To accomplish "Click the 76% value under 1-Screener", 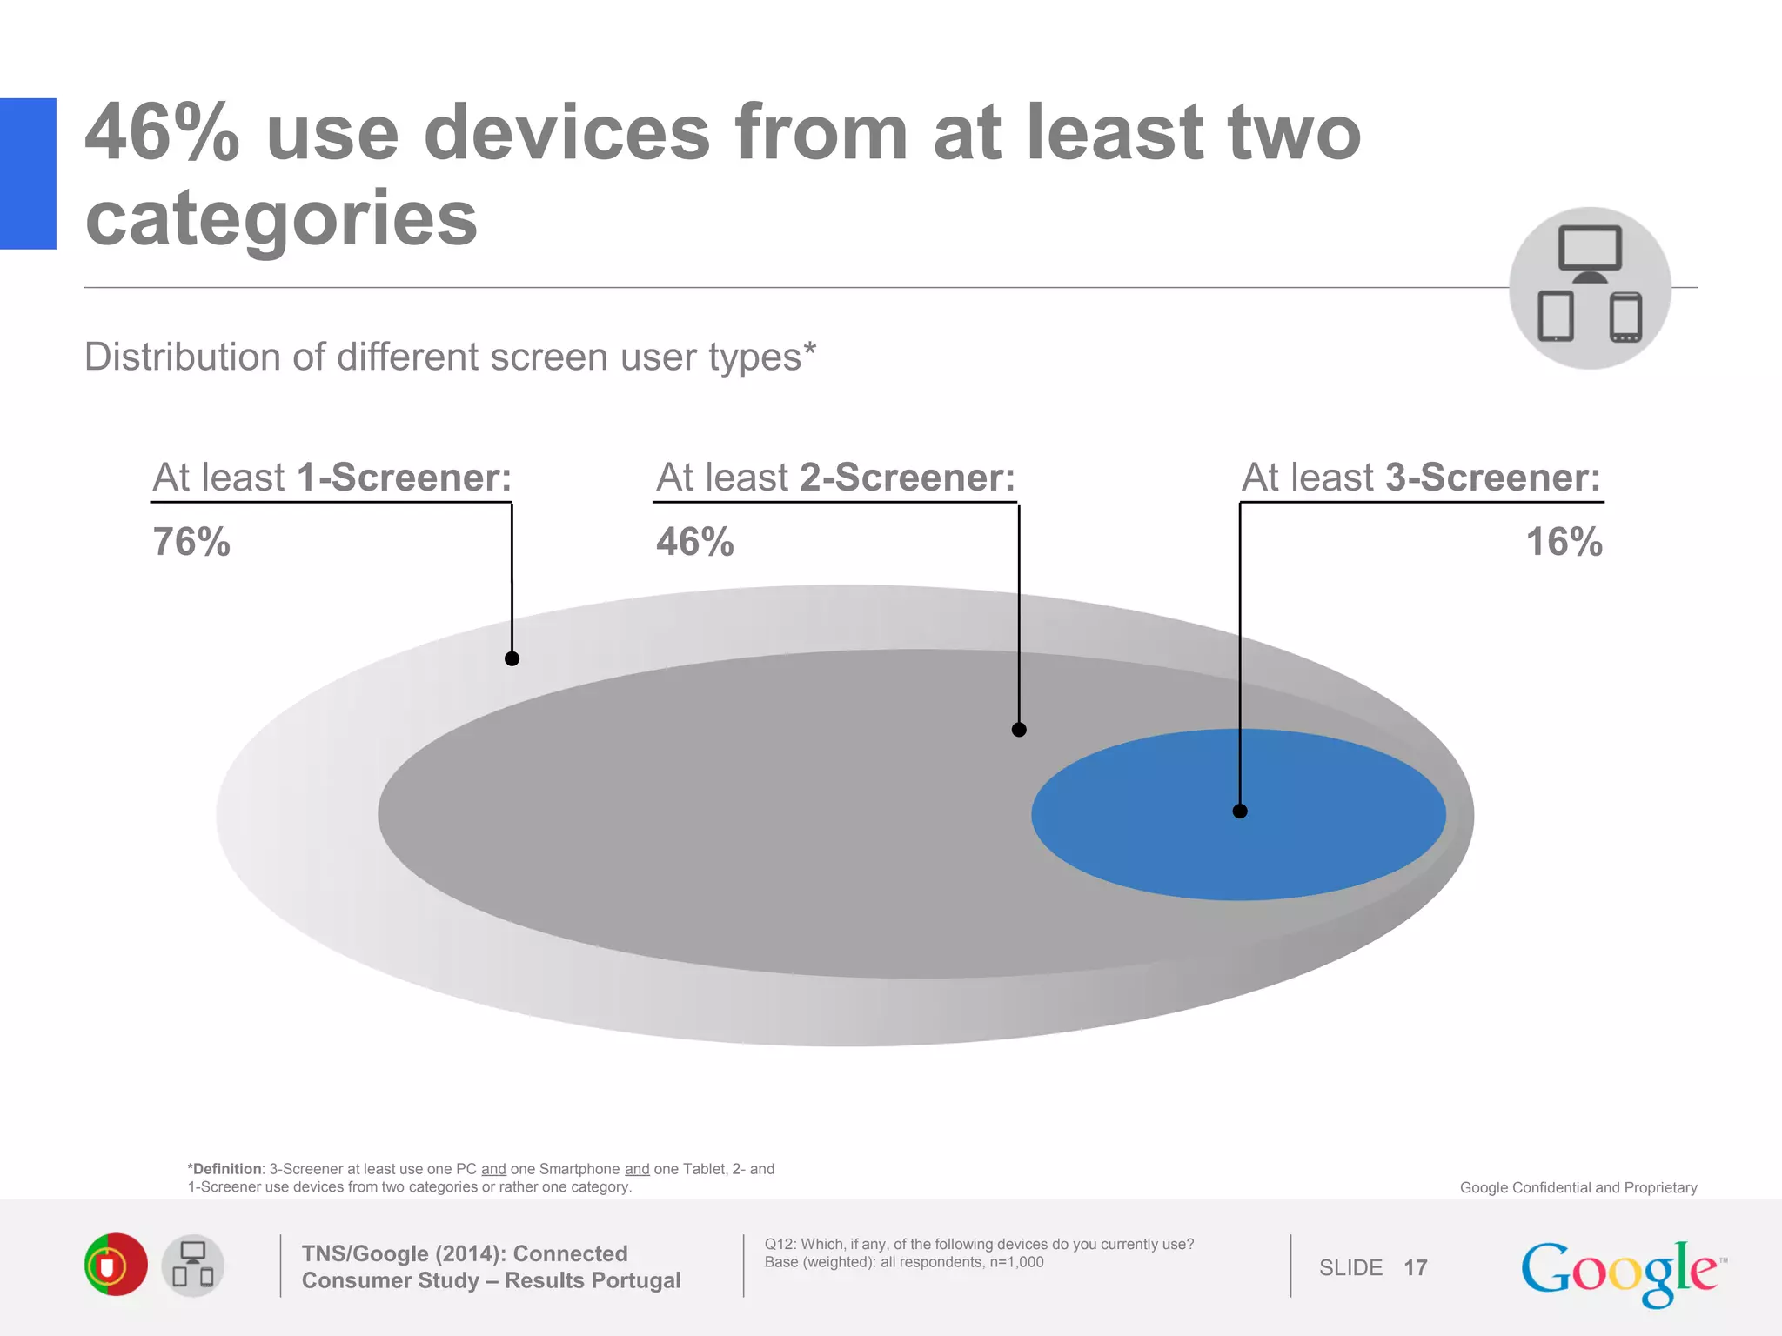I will [x=191, y=542].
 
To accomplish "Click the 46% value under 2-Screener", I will [x=694, y=542].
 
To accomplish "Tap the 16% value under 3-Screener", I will [x=1564, y=542].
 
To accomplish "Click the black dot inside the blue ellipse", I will [x=1240, y=811].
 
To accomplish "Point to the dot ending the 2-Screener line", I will [x=1019, y=729].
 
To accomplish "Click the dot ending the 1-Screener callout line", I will [x=512, y=658].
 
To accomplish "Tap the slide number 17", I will [x=1416, y=1267].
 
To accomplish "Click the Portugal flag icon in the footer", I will [x=116, y=1265].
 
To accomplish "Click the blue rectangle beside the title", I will [x=28, y=173].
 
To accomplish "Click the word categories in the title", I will [x=281, y=217].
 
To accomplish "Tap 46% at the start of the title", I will [x=162, y=132].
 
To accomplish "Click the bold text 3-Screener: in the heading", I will [x=1492, y=478].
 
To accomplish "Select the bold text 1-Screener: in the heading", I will [x=404, y=478].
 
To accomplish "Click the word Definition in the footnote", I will [x=226, y=1169].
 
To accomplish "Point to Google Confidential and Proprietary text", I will [x=1578, y=1187].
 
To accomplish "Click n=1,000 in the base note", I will [x=1016, y=1262].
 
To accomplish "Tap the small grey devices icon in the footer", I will [x=192, y=1266].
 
